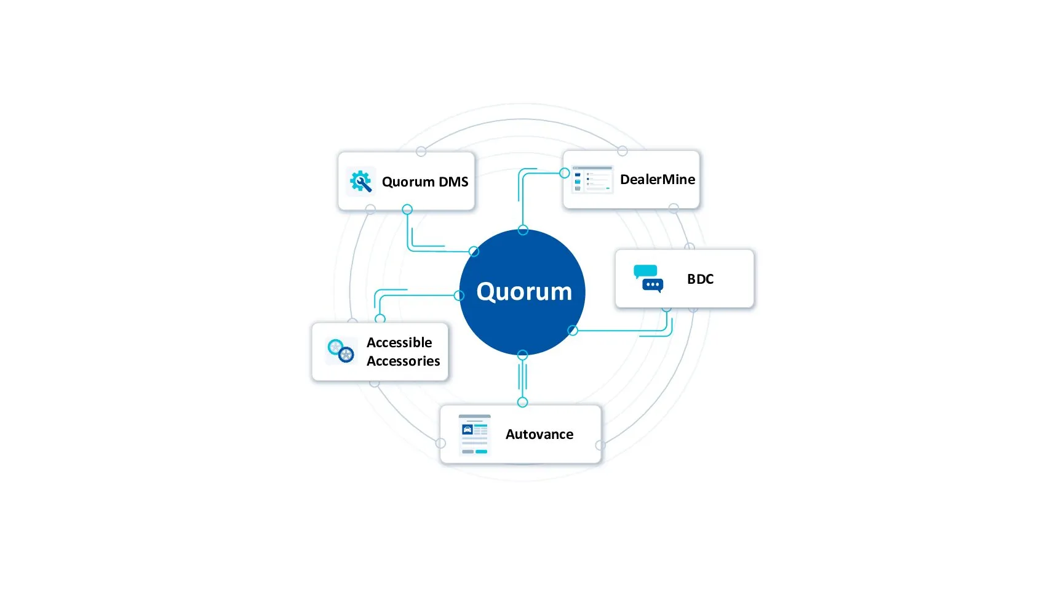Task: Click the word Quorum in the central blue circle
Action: click(x=524, y=292)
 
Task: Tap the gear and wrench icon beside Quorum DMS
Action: click(x=360, y=182)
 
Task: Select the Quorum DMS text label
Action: click(x=425, y=182)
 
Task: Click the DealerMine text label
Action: click(x=657, y=179)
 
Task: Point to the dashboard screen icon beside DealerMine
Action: click(x=592, y=179)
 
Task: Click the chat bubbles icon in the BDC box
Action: click(x=648, y=278)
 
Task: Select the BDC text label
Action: click(x=700, y=279)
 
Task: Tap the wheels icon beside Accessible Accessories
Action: click(x=341, y=350)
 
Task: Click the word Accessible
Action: click(x=399, y=342)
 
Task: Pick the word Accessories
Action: click(x=403, y=361)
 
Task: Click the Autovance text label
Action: click(x=539, y=434)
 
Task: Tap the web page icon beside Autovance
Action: click(x=474, y=434)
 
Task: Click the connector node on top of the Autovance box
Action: click(x=522, y=402)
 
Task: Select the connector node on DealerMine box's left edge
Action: click(x=565, y=173)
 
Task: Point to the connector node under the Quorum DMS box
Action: click(x=407, y=209)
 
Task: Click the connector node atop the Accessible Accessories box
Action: click(x=380, y=319)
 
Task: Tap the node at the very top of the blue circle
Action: click(x=523, y=230)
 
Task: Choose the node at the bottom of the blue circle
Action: click(x=522, y=355)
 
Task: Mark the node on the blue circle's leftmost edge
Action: click(x=459, y=295)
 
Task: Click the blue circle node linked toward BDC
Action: click(x=573, y=331)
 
